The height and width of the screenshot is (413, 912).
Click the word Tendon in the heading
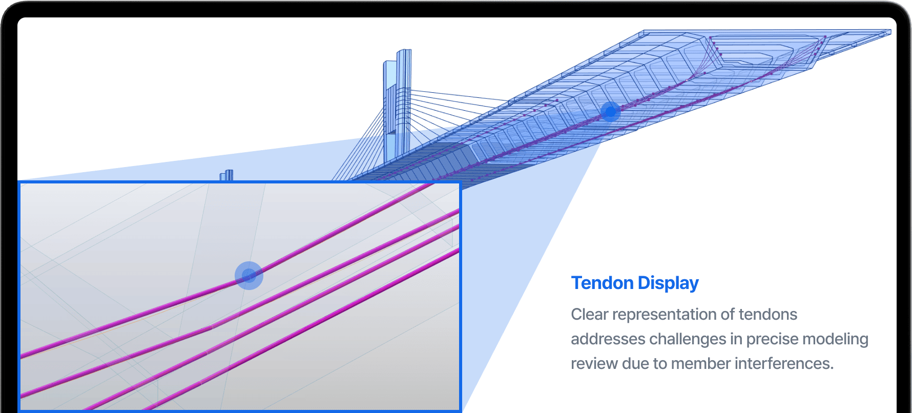pyautogui.click(x=602, y=283)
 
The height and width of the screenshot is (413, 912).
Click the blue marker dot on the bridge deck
pyautogui.click(x=610, y=111)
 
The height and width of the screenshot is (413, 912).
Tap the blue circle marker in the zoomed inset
pyautogui.click(x=249, y=276)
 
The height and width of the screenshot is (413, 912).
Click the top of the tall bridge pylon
pyautogui.click(x=404, y=50)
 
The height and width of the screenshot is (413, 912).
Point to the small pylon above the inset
pyautogui.click(x=227, y=175)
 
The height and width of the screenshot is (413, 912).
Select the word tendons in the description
pyautogui.click(x=768, y=314)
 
